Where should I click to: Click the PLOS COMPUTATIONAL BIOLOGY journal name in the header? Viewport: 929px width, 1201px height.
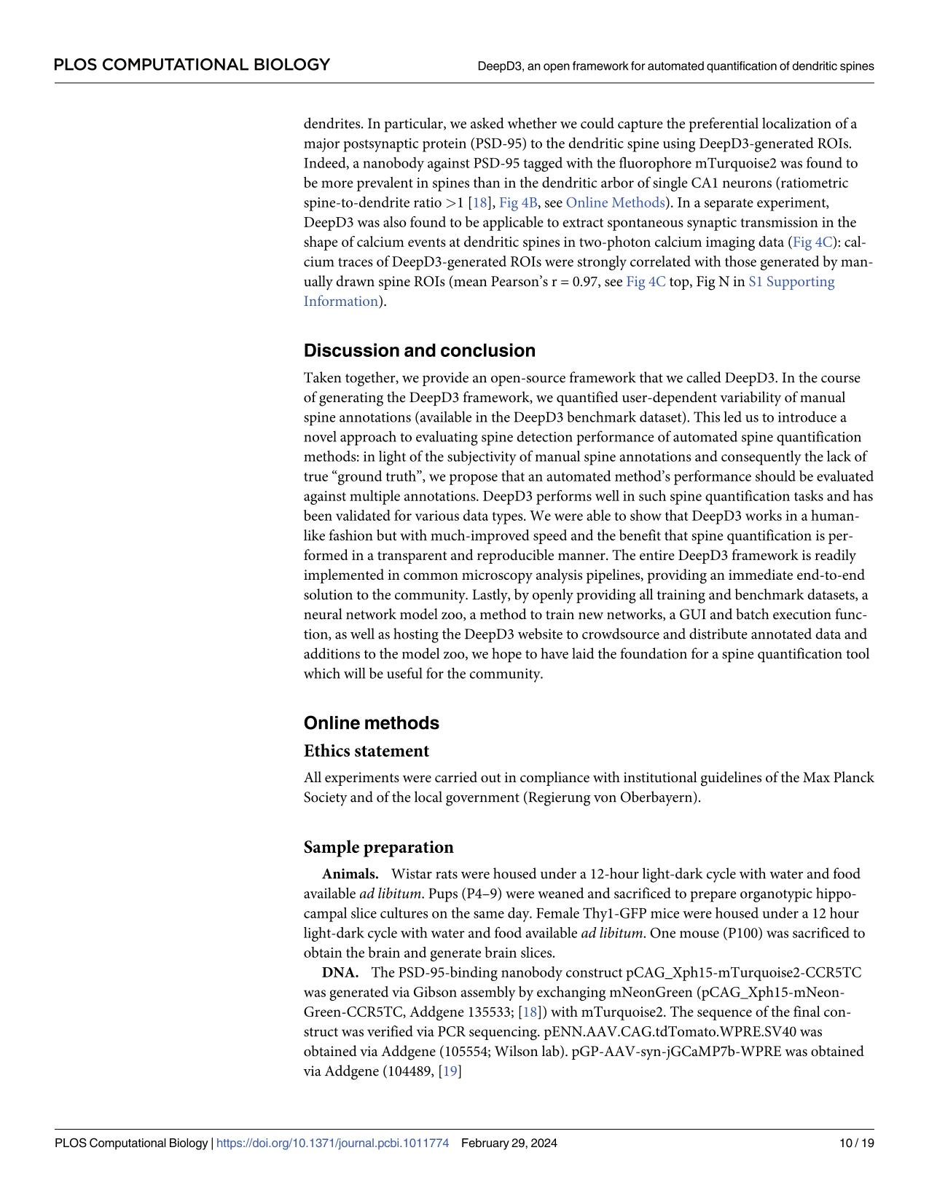(192, 65)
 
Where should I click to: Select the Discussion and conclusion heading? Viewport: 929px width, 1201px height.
(419, 351)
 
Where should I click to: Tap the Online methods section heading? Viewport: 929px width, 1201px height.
(371, 723)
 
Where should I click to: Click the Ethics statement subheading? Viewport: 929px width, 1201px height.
(366, 751)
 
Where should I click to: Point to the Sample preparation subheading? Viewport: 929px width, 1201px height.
(378, 847)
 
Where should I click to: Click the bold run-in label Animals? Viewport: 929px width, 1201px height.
(350, 874)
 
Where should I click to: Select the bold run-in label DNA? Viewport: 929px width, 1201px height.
(340, 972)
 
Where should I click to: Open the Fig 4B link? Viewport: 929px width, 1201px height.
(517, 202)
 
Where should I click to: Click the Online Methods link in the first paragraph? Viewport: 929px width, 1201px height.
(615, 202)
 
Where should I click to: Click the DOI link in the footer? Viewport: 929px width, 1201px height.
(332, 1143)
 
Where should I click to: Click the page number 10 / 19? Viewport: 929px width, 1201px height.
(856, 1143)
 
